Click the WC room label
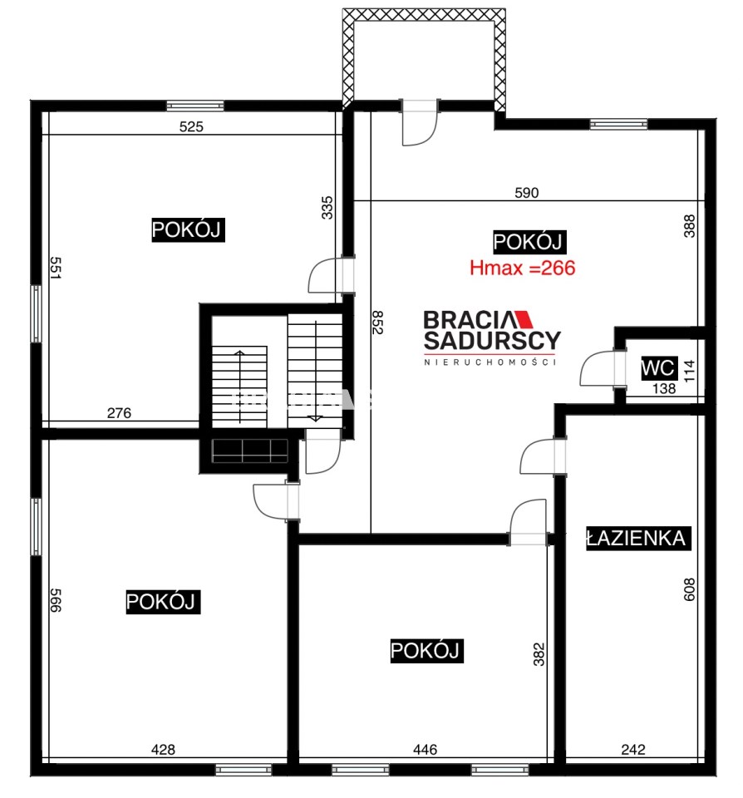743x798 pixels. click(x=658, y=367)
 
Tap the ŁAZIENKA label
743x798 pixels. click(x=638, y=539)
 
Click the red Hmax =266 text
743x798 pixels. click(x=522, y=268)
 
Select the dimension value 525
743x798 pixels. click(x=191, y=126)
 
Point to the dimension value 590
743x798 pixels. click(x=526, y=192)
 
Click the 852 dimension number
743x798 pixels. click(x=377, y=323)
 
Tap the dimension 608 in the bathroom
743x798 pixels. click(x=689, y=589)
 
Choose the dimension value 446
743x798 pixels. click(x=425, y=749)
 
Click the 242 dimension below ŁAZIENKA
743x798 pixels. click(x=633, y=749)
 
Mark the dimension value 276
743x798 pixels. click(x=119, y=413)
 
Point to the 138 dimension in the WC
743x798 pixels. click(x=663, y=388)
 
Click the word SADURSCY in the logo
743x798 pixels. click(x=492, y=341)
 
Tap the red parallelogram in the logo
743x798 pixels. click(x=524, y=319)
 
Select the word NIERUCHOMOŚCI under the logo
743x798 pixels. click(x=490, y=362)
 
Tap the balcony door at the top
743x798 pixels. click(x=421, y=123)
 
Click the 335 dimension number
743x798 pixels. click(x=327, y=208)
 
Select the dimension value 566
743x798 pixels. click(x=55, y=600)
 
